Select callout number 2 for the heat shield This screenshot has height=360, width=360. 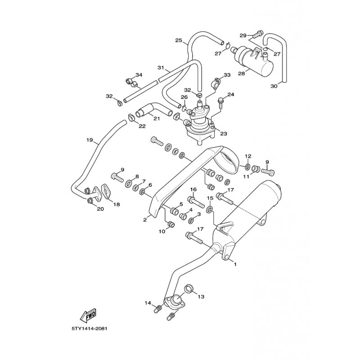click(145, 220)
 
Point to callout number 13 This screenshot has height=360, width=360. click(201, 297)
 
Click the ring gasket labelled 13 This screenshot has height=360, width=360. click(190, 287)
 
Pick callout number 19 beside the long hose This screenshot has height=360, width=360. click(90, 140)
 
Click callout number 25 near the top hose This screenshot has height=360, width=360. click(178, 41)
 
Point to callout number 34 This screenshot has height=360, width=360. click(139, 75)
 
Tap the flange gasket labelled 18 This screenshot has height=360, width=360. click(106, 192)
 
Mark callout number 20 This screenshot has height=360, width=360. click(100, 208)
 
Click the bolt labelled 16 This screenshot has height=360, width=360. click(193, 199)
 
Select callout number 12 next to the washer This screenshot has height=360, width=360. click(247, 156)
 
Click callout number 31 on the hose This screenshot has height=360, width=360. click(161, 68)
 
